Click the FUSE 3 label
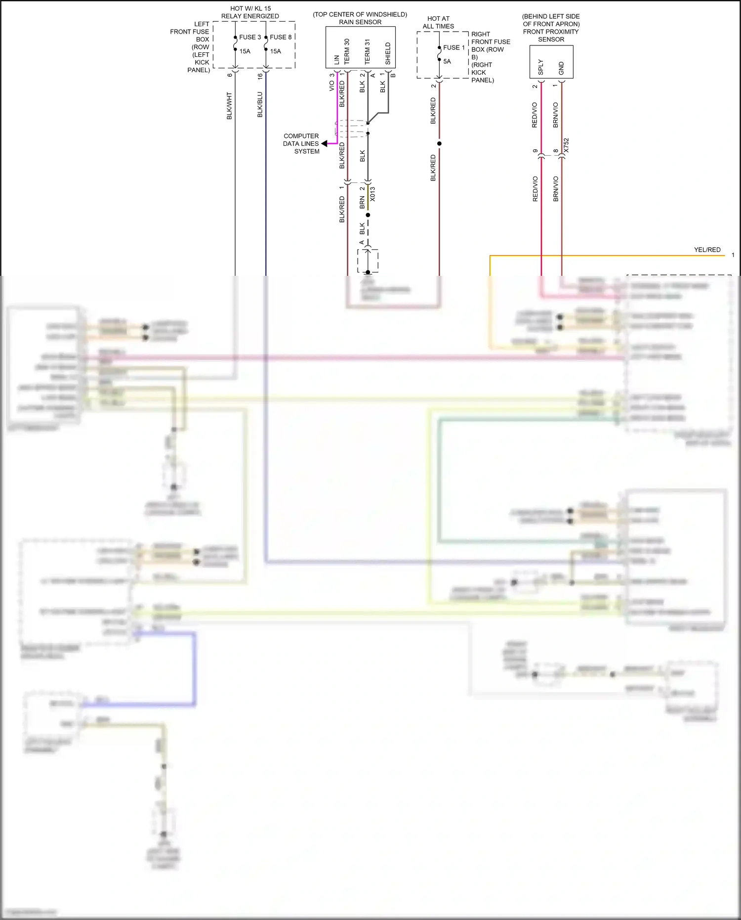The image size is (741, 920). (x=250, y=37)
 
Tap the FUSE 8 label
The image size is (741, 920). (x=281, y=37)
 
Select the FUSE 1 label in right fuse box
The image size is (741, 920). (x=454, y=47)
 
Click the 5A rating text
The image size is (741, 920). (x=447, y=61)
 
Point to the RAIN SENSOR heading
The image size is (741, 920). (x=360, y=22)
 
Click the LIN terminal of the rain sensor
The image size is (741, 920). (x=337, y=59)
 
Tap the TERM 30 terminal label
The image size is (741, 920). (x=347, y=51)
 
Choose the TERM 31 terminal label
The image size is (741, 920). (x=368, y=51)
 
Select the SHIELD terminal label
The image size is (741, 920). (x=388, y=53)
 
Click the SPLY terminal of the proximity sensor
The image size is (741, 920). (x=541, y=67)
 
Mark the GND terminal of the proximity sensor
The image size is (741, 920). (x=561, y=68)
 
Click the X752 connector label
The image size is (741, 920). (x=567, y=145)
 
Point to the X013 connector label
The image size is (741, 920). (x=373, y=194)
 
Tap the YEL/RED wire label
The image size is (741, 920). (x=707, y=250)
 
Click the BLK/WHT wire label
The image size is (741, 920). (x=229, y=106)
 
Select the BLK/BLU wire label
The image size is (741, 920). (x=260, y=105)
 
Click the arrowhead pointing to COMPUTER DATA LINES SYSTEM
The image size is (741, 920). (x=325, y=143)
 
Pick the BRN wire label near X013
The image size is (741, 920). (x=362, y=202)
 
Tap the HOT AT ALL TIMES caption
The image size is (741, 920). (x=438, y=22)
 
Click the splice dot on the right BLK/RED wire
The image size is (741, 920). (x=439, y=143)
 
